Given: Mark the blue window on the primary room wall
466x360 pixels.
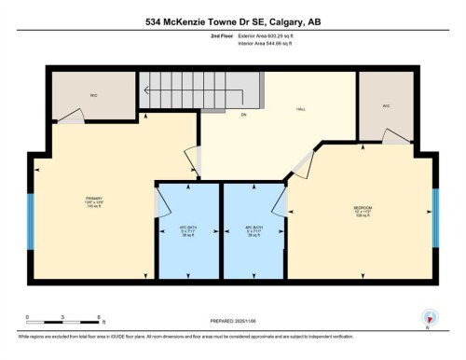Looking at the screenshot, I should (32, 221).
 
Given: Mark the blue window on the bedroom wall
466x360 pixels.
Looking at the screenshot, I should (434, 215).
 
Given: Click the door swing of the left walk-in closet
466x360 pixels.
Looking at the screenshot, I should (72, 117).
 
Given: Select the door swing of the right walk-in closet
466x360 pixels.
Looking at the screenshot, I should (396, 135).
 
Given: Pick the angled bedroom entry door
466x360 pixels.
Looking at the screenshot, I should (301, 164).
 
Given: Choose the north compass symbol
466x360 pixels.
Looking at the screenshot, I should (428, 318).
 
